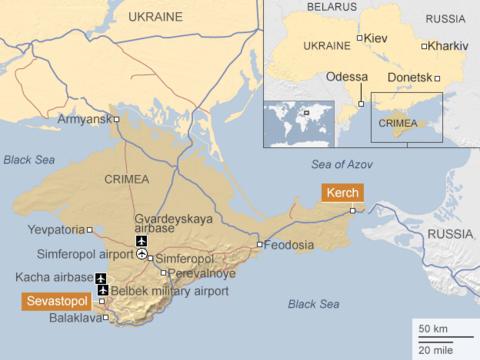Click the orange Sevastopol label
click(x=56, y=299)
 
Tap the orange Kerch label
click(x=340, y=192)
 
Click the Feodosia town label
click(x=291, y=245)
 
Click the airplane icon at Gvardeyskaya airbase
click(x=141, y=240)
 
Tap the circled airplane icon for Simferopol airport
click(x=142, y=255)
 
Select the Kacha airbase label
click(x=51, y=276)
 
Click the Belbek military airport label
click(x=162, y=290)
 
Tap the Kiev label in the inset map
click(x=376, y=38)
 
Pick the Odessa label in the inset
click(x=347, y=77)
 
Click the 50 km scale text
click(x=432, y=329)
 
